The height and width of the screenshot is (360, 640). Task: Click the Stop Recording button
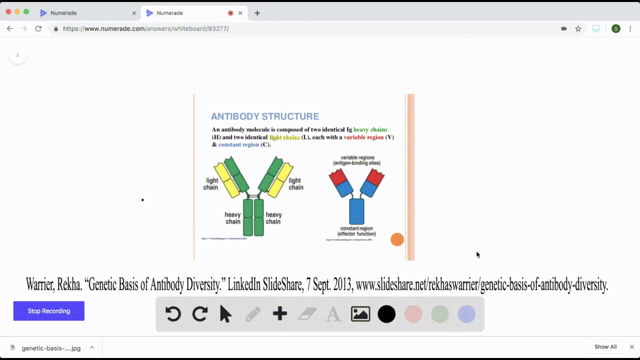48,311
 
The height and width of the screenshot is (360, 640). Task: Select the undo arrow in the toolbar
173,314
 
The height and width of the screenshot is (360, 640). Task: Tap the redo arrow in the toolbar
200,314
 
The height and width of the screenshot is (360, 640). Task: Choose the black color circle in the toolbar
386,314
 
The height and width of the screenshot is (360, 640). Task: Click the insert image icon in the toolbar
360,314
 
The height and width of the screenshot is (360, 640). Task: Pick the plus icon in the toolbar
280,314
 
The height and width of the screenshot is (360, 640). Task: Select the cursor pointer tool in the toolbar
226,314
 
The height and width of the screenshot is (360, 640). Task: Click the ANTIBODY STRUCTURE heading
264,116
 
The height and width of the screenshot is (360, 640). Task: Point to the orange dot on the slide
397,239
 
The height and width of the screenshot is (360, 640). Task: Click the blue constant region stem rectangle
356,211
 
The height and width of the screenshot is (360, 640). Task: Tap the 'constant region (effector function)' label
356,231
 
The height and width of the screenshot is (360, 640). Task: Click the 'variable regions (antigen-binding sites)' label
356,160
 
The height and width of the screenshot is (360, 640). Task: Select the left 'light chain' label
211,184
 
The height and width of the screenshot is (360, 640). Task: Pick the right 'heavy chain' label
273,218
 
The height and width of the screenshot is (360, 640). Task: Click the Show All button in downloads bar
605,347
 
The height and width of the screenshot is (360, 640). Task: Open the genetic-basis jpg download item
50,348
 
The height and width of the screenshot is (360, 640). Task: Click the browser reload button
38,28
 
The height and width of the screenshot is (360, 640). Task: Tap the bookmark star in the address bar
578,28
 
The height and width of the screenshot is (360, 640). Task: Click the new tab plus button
257,13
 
